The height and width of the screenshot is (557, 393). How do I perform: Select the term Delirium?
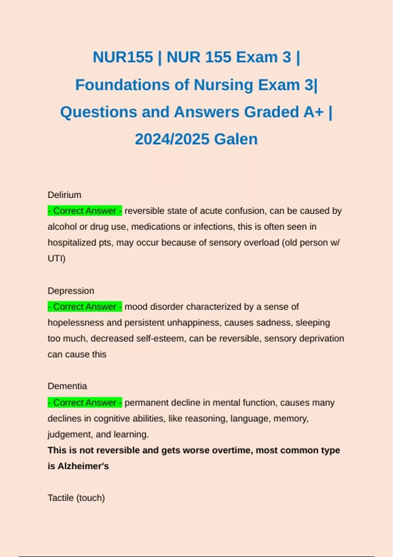click(65, 195)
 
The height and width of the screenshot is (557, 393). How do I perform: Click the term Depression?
click(71, 291)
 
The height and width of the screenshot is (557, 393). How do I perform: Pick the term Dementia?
click(67, 386)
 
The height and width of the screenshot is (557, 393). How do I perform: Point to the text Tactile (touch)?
click(76, 498)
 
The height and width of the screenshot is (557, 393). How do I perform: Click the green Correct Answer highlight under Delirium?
click(85, 211)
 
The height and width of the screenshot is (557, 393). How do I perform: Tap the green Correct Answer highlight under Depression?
click(85, 307)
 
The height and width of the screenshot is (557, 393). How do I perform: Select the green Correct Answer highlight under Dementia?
click(85, 402)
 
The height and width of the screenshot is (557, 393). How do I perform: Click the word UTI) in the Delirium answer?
click(56, 259)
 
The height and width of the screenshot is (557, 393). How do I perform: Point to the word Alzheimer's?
click(83, 466)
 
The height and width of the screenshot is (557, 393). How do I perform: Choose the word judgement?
click(69, 434)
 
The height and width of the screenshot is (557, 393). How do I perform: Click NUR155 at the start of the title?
click(123, 57)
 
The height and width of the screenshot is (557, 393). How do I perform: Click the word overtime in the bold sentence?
click(232, 450)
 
